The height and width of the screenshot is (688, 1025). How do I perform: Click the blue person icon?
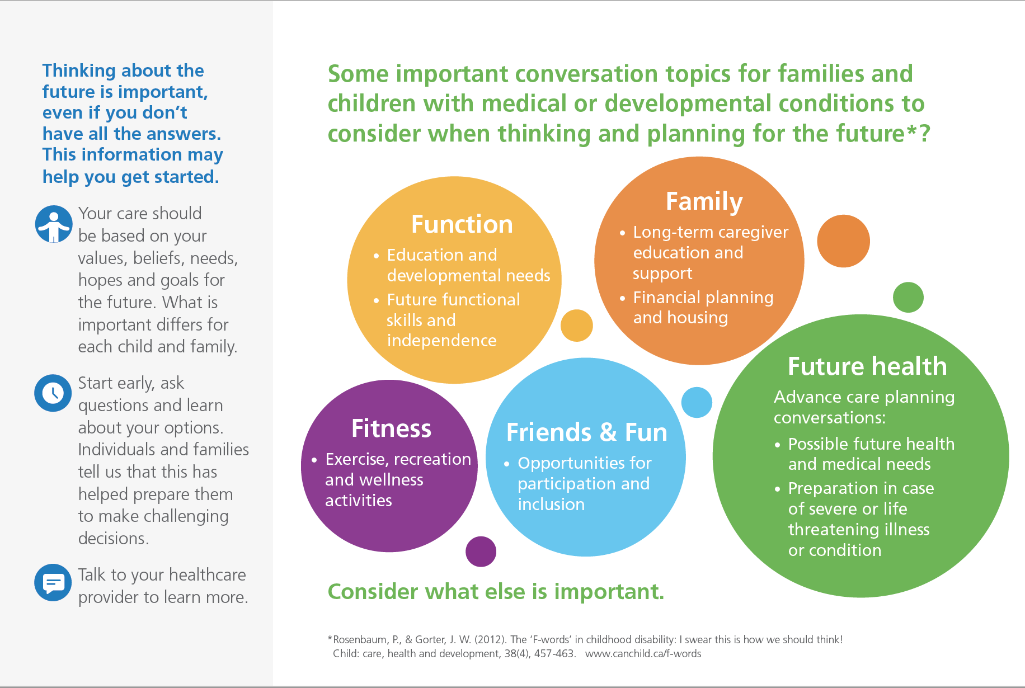coord(54,224)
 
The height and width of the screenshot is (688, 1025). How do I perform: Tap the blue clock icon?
coord(53,393)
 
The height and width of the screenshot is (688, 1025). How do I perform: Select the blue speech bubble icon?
coord(53,582)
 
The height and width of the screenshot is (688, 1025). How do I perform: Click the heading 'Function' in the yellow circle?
coord(462,224)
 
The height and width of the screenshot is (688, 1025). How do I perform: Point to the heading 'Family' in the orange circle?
coord(704,202)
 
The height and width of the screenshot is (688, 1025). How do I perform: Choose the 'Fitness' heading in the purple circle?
coord(392,428)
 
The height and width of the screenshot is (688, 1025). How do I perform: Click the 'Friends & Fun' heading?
coord(587,432)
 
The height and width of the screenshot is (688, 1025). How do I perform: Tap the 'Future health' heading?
coord(867,366)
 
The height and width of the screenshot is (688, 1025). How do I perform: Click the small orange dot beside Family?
coord(843,241)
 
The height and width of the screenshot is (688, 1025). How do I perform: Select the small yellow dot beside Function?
coord(577,326)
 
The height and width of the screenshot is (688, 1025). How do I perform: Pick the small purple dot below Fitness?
coord(481,552)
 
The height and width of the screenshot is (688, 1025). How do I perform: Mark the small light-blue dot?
coord(697,402)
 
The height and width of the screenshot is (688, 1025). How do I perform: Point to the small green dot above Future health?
coord(908,297)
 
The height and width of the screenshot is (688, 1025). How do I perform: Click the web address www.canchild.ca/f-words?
coord(643,653)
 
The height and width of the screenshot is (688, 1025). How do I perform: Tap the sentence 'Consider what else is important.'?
coord(496,591)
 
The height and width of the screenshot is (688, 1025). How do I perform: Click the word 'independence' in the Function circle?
coord(441,341)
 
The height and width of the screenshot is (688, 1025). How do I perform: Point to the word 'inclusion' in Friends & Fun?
coord(551,505)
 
